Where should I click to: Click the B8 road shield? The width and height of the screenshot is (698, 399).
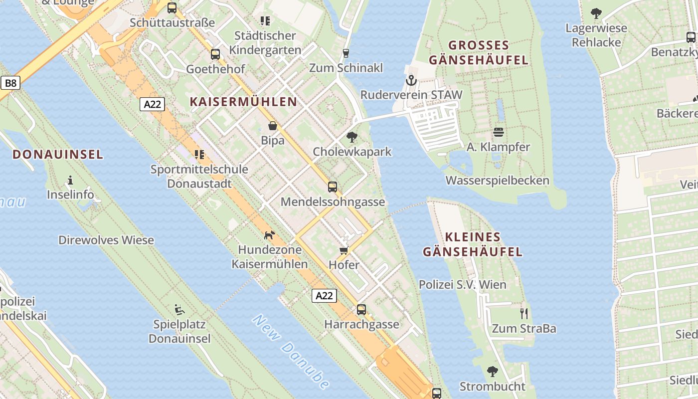10,83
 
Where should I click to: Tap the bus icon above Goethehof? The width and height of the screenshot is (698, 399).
215,54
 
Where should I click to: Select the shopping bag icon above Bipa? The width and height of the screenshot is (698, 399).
273,126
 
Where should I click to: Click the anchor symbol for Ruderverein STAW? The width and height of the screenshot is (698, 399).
411,80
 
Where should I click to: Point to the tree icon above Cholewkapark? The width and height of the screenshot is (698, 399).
352,137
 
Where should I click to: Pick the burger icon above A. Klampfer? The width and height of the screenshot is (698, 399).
498,132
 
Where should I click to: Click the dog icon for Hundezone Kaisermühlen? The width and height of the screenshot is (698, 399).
269,235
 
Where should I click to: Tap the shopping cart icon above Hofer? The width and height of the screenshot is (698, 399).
344,250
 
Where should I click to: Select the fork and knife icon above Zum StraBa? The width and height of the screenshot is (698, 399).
523,314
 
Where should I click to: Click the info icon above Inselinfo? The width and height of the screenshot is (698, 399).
70,180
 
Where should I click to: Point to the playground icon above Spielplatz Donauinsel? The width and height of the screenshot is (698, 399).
179,310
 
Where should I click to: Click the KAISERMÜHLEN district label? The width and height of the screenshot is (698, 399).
243,102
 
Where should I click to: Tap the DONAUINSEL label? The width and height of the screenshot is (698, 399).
58,154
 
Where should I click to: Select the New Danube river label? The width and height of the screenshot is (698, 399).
291,352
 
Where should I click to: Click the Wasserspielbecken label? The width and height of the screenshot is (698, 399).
497,181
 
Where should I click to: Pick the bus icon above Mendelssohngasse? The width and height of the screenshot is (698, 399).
333,187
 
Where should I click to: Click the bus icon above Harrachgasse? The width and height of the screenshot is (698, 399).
361,310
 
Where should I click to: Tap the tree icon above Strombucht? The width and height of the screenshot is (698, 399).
493,372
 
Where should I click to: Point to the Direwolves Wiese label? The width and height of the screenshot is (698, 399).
106,240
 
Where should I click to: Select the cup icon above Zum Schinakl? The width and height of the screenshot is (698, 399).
346,53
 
